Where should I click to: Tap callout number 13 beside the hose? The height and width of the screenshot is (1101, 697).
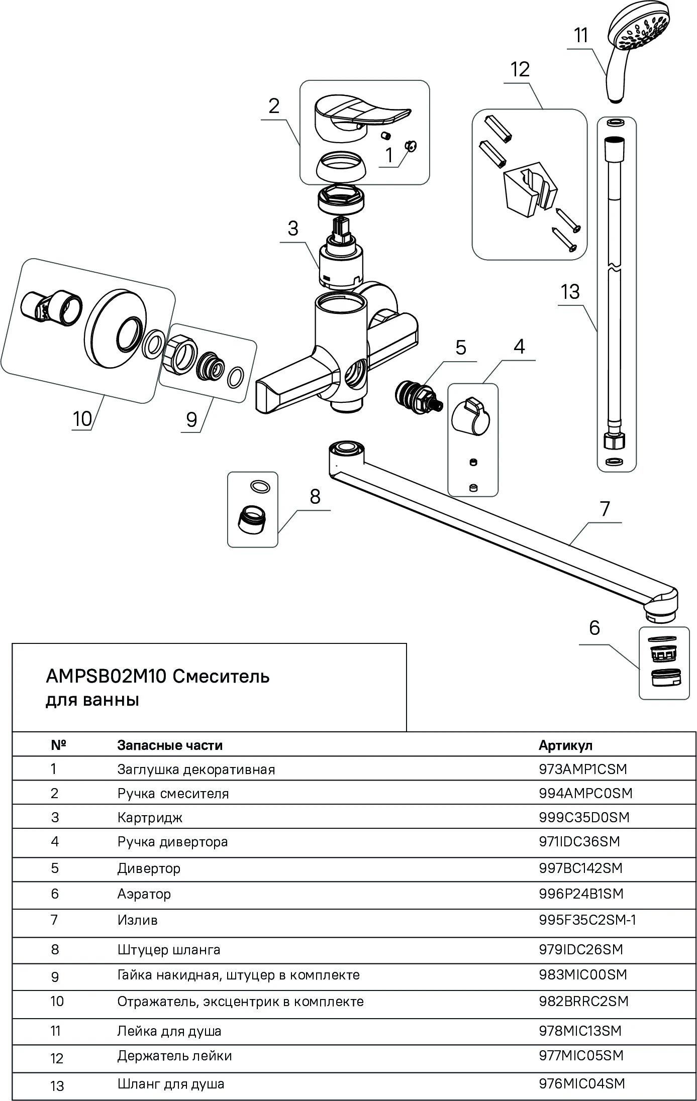coord(570,292)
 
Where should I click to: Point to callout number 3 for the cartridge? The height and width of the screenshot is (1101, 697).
coord(293,229)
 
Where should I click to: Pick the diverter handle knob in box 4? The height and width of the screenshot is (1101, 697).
coord(471,414)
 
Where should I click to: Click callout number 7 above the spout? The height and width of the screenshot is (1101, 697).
coord(605,509)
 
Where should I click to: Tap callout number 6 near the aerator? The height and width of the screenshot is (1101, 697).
coord(594,627)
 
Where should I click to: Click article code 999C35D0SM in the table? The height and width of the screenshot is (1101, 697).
coord(583,817)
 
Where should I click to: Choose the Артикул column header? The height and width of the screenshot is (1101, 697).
coord(565,745)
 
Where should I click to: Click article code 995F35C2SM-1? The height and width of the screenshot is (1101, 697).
coord(587,920)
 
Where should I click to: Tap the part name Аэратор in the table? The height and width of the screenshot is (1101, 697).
coord(144,894)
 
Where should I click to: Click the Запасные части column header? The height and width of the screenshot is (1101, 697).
coord(170,745)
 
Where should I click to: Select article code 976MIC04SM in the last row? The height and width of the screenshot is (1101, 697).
coord(581,1084)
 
